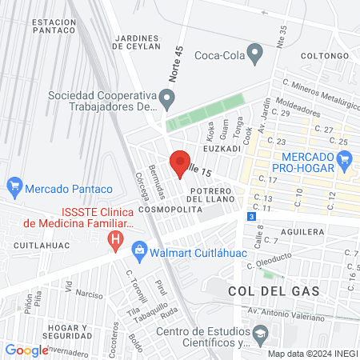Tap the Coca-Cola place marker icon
point(256,55)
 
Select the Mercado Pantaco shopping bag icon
point(14,190)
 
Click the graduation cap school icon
point(260,332)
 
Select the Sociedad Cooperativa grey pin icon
point(167,100)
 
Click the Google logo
point(26,350)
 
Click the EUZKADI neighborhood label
point(222,149)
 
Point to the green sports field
point(204,113)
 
